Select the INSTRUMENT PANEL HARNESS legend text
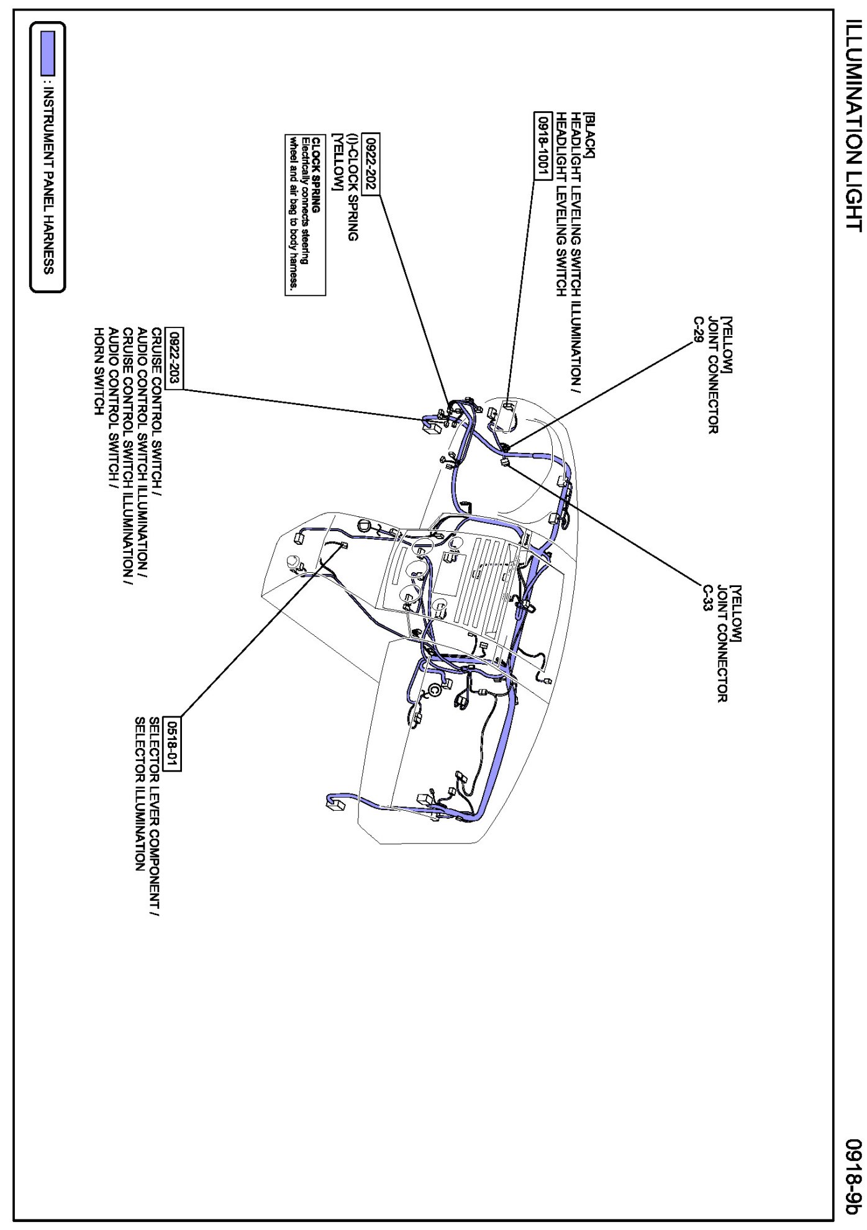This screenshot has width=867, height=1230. point(48,180)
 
